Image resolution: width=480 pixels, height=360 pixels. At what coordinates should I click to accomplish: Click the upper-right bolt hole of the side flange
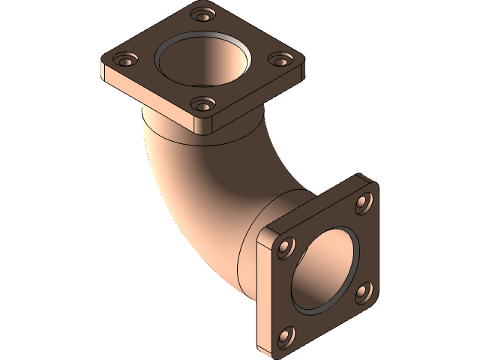pyautogui.click(x=364, y=201)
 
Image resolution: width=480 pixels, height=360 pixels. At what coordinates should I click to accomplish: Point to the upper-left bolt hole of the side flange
pyautogui.click(x=286, y=247)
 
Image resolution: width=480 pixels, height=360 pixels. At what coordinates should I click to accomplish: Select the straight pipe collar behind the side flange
pyautogui.click(x=255, y=240)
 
